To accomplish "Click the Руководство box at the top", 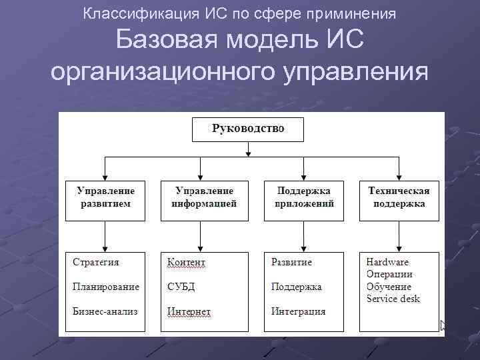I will (248, 129).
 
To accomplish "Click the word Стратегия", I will (96, 262).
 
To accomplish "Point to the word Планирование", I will (106, 287).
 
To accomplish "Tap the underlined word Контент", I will (187, 263).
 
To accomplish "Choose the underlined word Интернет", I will (189, 311).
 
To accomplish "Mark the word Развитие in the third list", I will (291, 262).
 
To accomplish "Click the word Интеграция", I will (298, 311).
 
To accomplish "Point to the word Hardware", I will (387, 262).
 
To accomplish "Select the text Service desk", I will (393, 299).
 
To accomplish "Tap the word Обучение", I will (389, 287).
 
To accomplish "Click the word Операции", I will (389, 274).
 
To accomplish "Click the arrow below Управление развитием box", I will (105, 236).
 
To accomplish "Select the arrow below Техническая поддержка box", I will (399, 236).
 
